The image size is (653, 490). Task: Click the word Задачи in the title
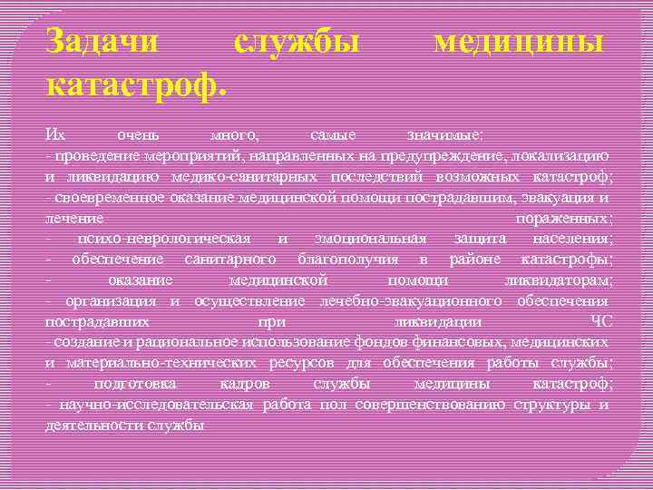coord(102,42)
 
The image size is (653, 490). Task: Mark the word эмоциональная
coord(370,238)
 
